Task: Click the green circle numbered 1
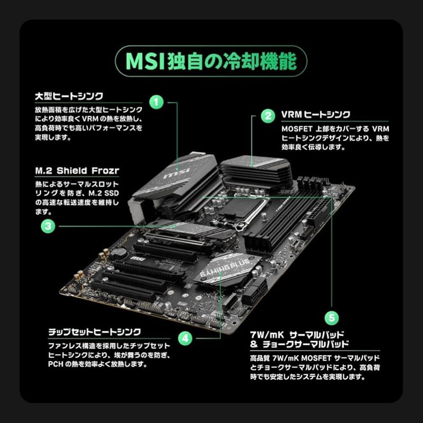(157, 102)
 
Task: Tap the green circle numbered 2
(268, 116)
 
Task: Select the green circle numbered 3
(48, 226)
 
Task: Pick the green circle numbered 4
(186, 338)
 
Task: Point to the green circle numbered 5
(332, 318)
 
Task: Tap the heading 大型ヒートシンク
(69, 96)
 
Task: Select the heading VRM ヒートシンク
(316, 115)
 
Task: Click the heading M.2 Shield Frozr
(77, 171)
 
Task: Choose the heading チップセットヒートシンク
(95, 332)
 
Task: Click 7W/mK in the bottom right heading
(267, 335)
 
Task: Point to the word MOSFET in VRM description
(297, 129)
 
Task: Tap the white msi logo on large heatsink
(177, 173)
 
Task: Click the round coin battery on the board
(119, 252)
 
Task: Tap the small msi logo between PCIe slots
(137, 259)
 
